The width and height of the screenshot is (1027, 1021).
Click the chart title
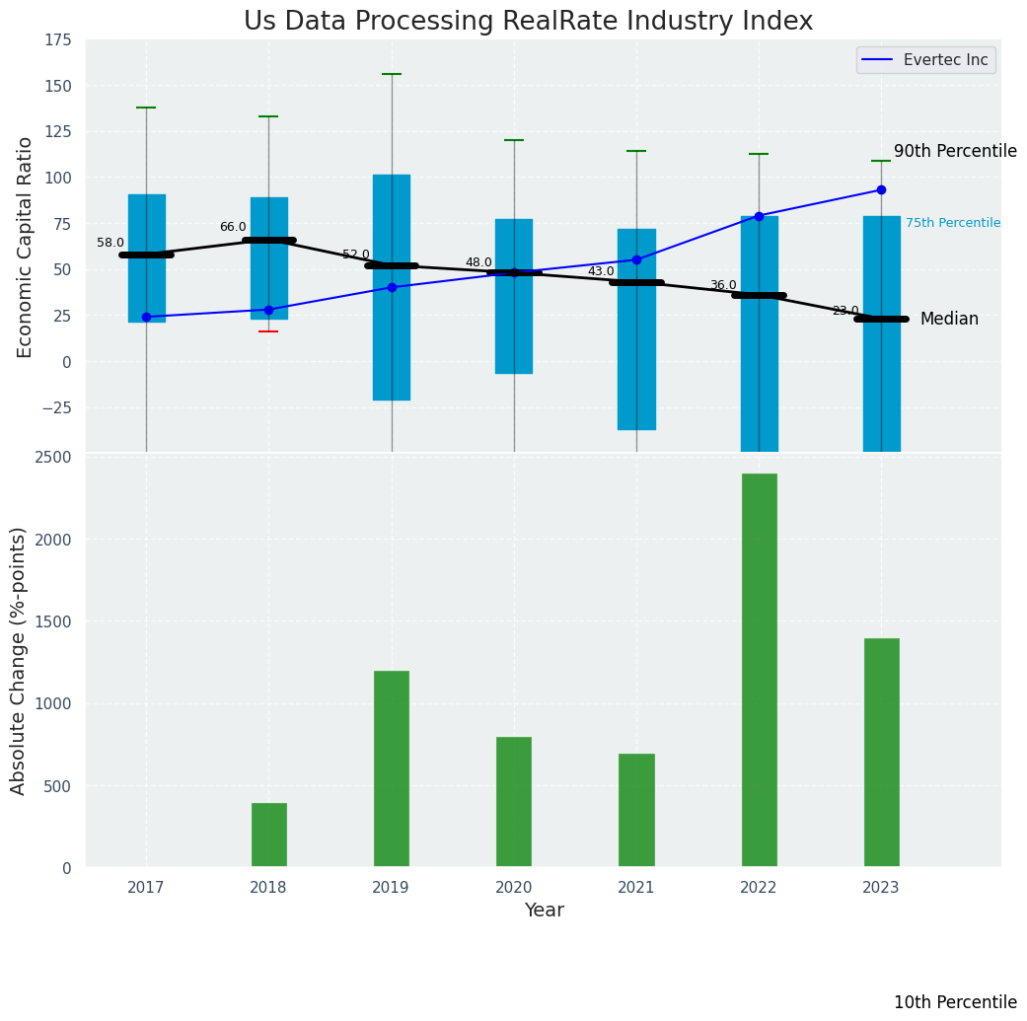point(528,22)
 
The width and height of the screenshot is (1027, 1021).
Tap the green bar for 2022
point(759,670)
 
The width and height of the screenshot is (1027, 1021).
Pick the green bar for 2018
point(268,835)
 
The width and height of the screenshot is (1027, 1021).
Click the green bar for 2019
point(392,768)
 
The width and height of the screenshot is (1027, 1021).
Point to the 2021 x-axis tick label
point(636,888)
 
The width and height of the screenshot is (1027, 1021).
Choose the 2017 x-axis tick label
point(146,888)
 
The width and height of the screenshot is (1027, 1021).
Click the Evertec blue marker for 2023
point(881,189)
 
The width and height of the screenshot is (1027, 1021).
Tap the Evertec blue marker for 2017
point(146,317)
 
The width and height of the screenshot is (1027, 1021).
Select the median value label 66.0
point(233,227)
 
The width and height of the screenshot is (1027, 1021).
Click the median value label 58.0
point(110,243)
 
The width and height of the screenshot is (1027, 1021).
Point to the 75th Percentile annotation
point(953,223)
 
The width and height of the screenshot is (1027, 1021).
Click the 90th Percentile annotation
point(955,151)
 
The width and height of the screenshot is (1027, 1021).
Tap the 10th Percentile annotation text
point(955,1002)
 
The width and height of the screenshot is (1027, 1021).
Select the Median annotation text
point(949,319)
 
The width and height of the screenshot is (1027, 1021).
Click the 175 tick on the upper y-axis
point(57,39)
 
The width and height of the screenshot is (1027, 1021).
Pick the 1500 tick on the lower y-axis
point(53,621)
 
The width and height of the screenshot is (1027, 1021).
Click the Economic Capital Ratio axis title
point(26,247)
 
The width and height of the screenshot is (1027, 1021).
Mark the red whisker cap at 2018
point(268,331)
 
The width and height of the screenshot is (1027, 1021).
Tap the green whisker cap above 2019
point(392,74)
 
